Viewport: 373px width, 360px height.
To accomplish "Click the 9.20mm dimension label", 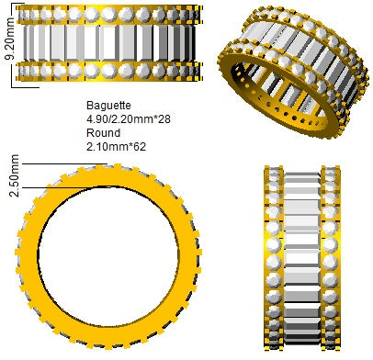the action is tap(10, 39).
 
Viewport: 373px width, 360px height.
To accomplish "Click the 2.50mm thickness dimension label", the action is tap(15, 175).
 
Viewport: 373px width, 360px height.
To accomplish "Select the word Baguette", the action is tap(108, 106).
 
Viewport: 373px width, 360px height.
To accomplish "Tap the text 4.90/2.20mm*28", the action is tap(129, 118).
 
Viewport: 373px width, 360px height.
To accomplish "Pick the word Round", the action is tap(103, 133).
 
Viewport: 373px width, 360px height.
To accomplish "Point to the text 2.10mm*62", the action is tap(116, 147).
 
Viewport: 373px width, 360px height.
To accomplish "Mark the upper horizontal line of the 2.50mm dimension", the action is tap(64, 164).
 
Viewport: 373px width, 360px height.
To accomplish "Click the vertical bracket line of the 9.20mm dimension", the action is tap(12, 46).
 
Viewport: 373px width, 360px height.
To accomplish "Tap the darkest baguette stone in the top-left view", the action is tap(189, 43).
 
